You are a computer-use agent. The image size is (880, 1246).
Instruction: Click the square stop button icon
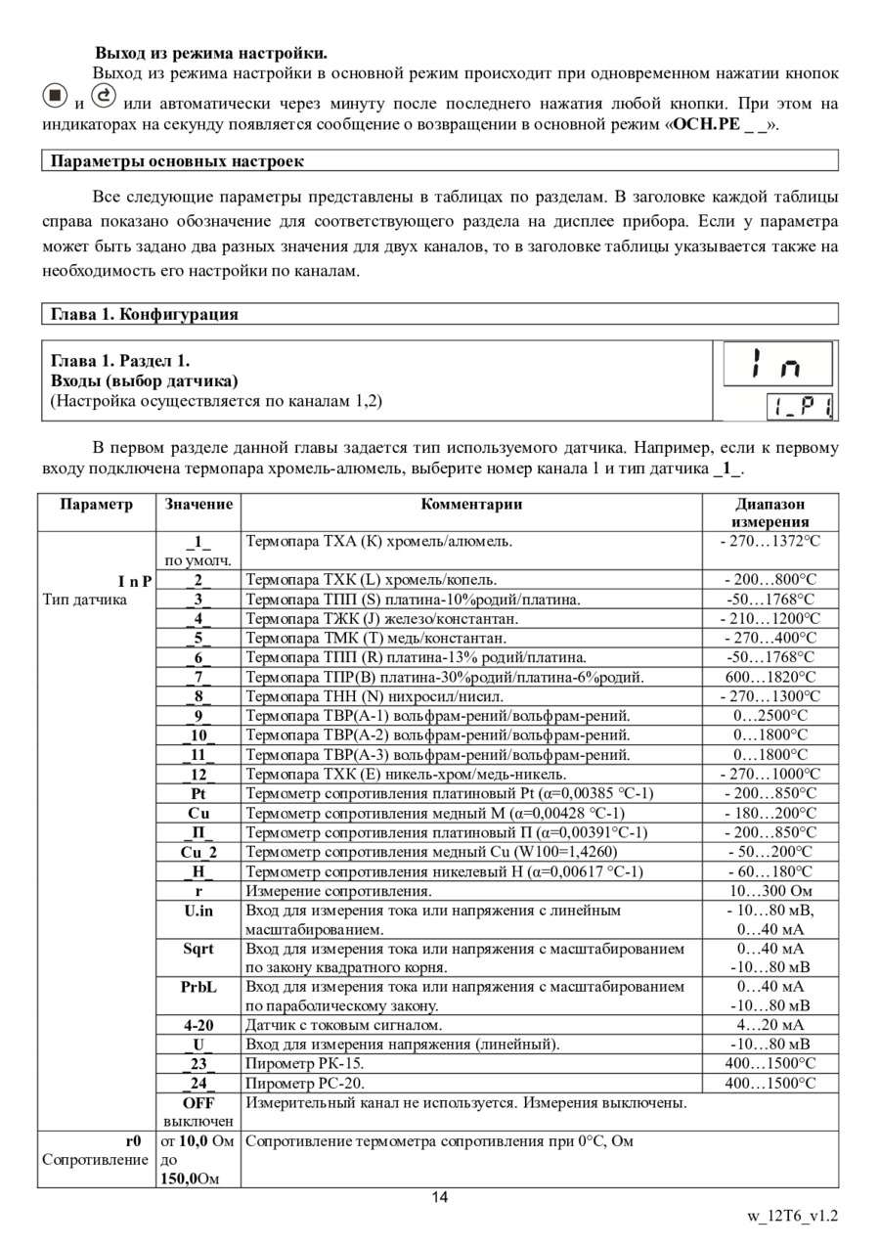(57, 97)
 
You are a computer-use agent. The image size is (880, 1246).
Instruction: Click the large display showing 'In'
(776, 364)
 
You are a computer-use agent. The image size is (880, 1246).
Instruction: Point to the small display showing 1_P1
(799, 406)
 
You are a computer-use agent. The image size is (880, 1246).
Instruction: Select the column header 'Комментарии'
(471, 505)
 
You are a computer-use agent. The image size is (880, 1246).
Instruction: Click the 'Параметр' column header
(96, 505)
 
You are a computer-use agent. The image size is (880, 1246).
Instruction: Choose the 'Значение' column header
(198, 505)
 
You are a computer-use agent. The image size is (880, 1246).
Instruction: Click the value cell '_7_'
(198, 677)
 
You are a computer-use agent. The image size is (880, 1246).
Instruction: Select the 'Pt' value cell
(198, 793)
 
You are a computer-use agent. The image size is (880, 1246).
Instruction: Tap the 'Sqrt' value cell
(198, 949)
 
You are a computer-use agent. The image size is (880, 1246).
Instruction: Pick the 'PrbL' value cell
(198, 987)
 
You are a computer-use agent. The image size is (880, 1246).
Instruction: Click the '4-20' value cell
(198, 1025)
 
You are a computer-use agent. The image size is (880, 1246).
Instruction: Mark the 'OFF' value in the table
(198, 1103)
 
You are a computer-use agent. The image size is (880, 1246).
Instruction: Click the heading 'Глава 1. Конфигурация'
(145, 314)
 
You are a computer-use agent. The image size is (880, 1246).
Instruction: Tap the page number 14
(440, 1198)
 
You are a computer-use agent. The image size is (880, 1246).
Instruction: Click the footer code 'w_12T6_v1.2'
(793, 1218)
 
